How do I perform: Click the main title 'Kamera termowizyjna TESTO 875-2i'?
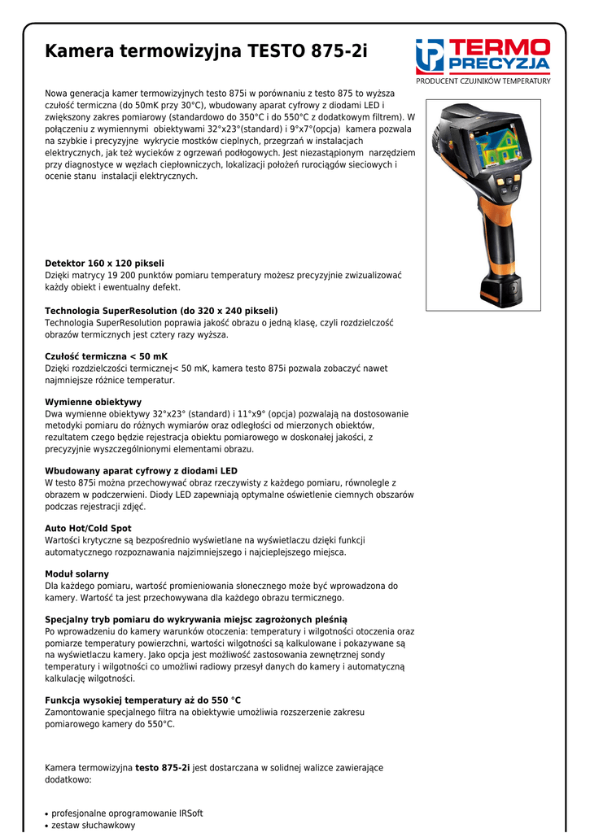pyautogui.click(x=206, y=52)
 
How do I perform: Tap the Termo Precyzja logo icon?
pyautogui.click(x=430, y=56)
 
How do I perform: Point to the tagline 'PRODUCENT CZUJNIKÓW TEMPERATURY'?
pyautogui.click(x=483, y=81)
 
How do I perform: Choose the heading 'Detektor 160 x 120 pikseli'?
pyautogui.click(x=104, y=264)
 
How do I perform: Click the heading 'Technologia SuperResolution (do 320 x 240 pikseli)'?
pyautogui.click(x=161, y=311)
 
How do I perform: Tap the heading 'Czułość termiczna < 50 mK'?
pyautogui.click(x=106, y=356)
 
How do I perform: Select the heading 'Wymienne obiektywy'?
pyautogui.click(x=93, y=402)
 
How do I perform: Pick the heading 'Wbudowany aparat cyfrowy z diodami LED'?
pyautogui.click(x=141, y=471)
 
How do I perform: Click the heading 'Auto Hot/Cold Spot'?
pyautogui.click(x=88, y=528)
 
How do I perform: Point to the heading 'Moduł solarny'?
pyautogui.click(x=76, y=574)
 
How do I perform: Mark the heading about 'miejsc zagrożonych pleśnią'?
pyautogui.click(x=195, y=620)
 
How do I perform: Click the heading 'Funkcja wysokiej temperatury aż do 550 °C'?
pyautogui.click(x=142, y=700)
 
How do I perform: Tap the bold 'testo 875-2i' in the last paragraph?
pyautogui.click(x=162, y=767)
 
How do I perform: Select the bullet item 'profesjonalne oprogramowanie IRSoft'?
pyautogui.click(x=127, y=813)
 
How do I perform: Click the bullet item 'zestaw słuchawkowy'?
pyautogui.click(x=93, y=826)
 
